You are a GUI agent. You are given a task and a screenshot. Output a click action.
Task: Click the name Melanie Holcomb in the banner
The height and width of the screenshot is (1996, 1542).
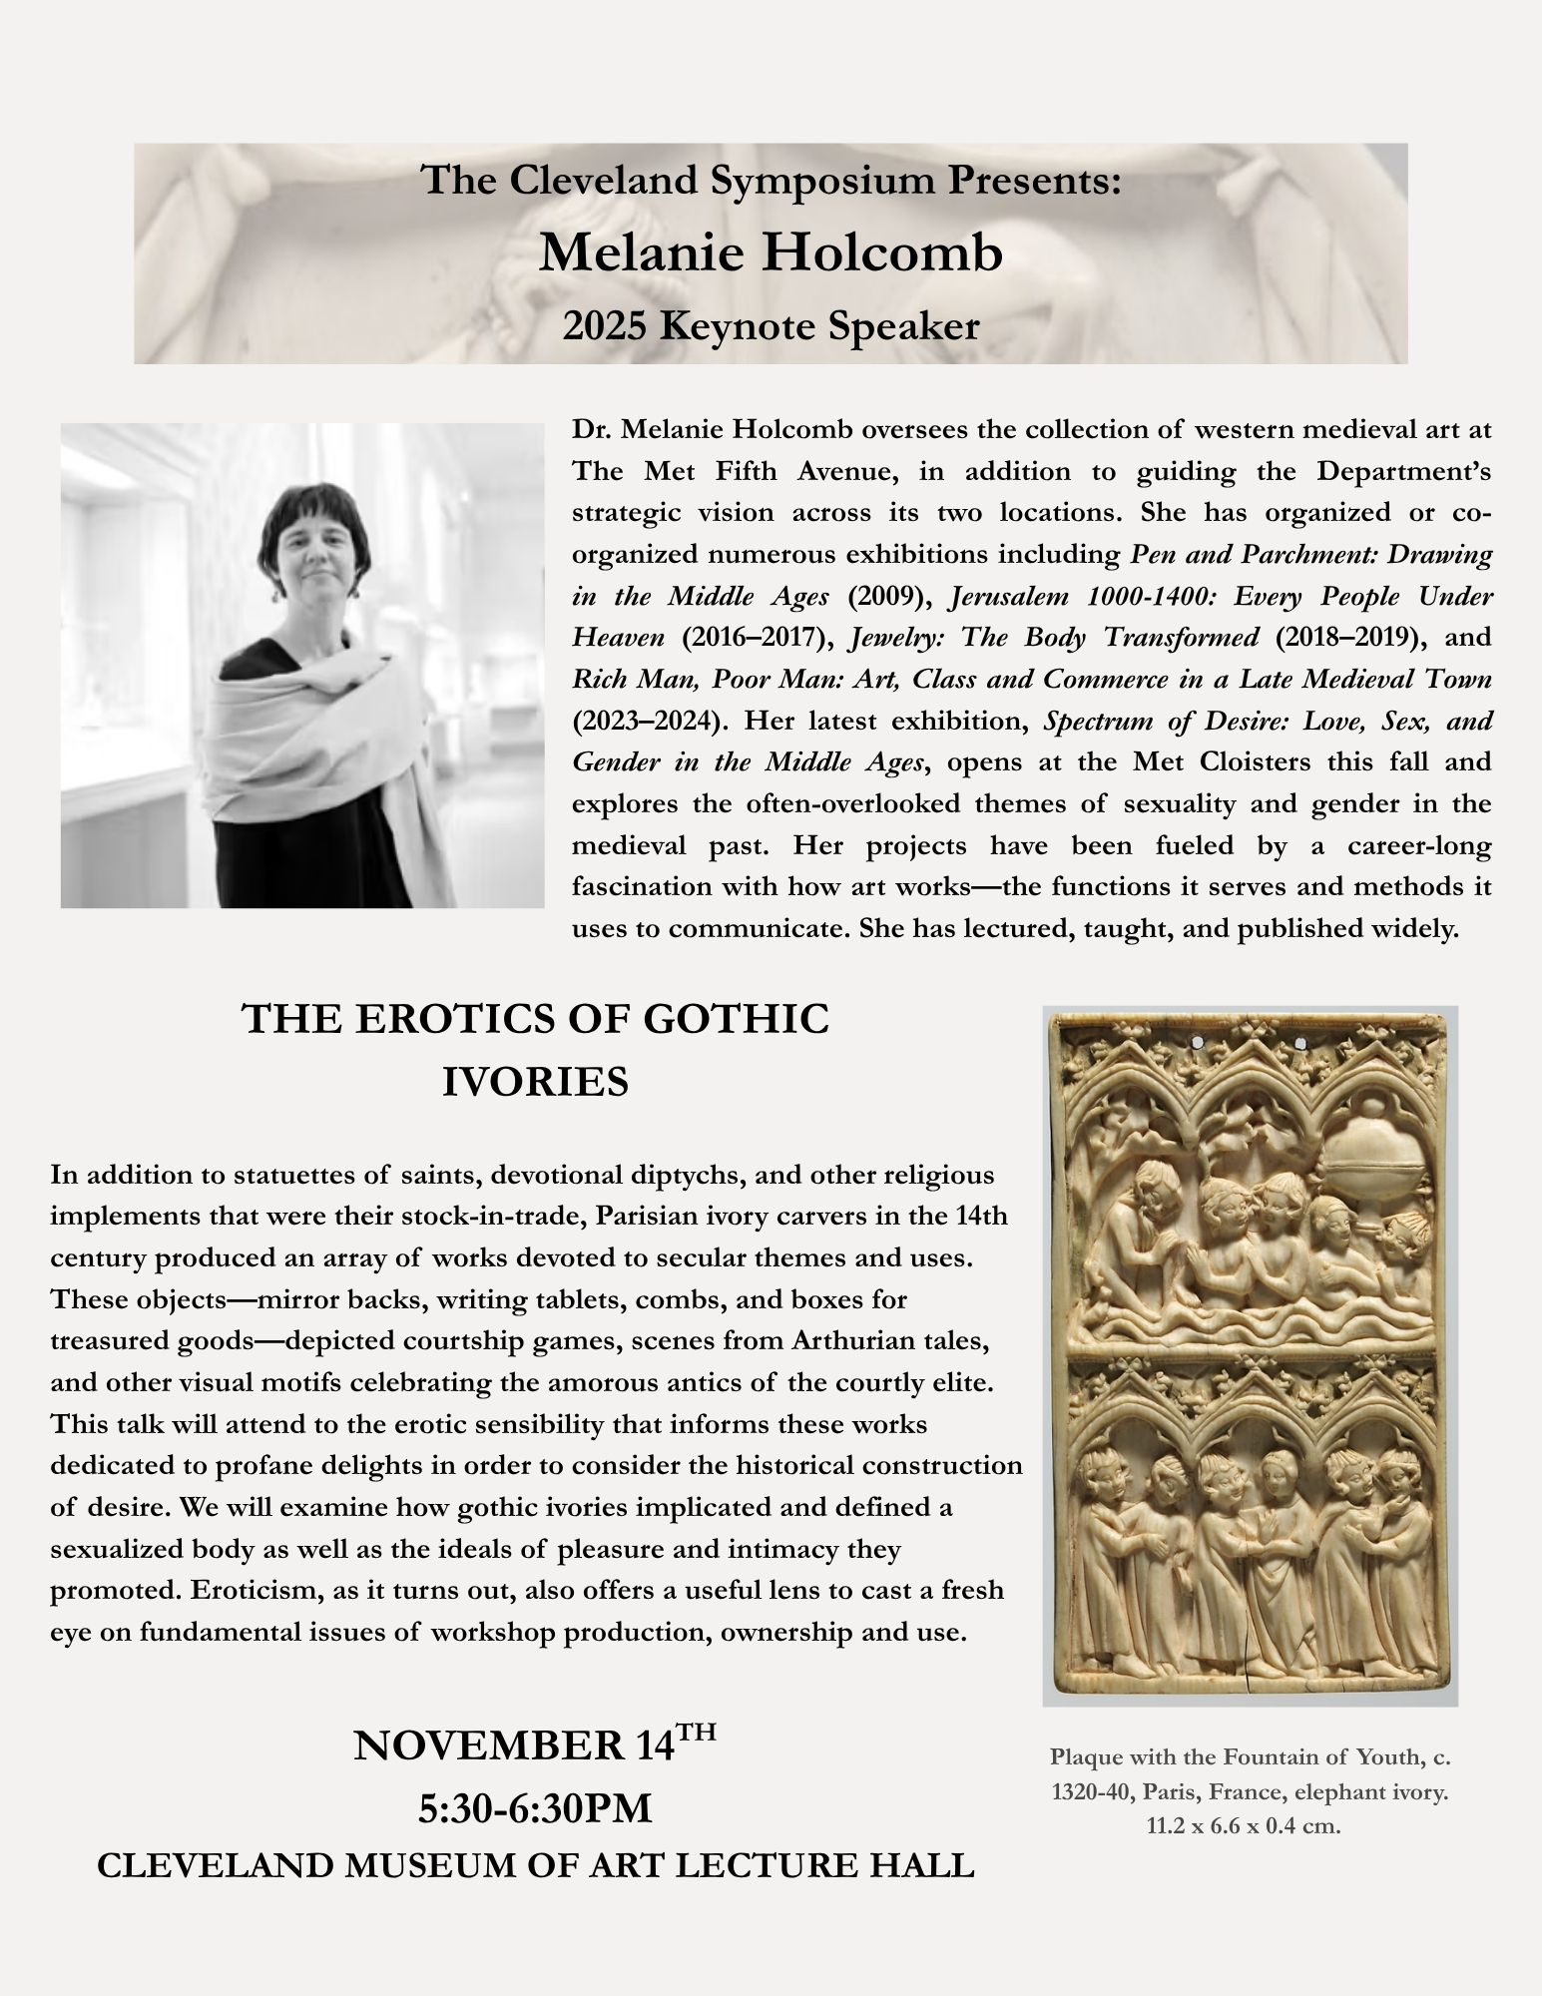click(771, 253)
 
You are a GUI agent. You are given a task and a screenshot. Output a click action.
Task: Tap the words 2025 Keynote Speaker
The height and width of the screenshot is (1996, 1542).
click(771, 325)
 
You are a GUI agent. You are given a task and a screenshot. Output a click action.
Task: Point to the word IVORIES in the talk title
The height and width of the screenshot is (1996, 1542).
click(535, 1082)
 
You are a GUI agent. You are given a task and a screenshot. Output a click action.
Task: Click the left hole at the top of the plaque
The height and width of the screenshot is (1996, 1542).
click(1198, 1042)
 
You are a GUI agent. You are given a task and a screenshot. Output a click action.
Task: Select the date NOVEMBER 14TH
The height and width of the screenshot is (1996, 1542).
click(535, 1746)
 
